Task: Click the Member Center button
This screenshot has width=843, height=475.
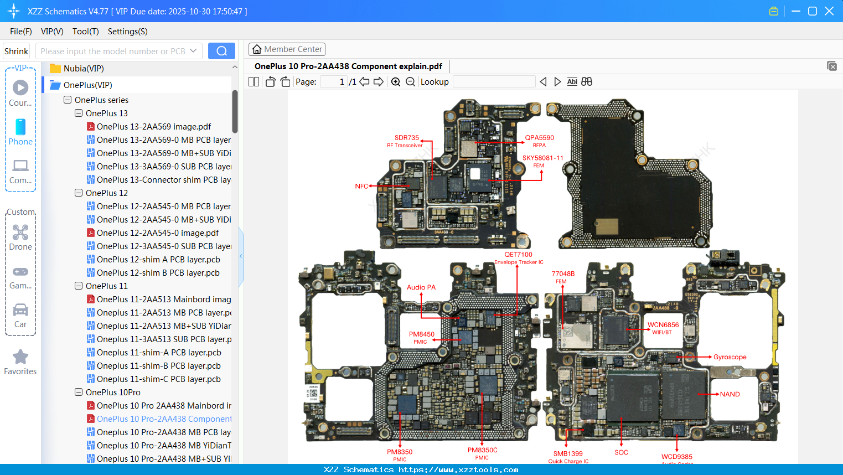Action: coord(287,49)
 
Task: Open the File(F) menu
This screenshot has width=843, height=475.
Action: coord(21,32)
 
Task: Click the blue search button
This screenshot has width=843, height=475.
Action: coord(221,51)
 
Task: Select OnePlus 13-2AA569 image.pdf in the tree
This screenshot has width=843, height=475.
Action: coord(153,127)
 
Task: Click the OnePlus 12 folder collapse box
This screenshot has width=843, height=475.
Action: coord(79,193)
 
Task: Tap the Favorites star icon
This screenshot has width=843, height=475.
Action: coord(20,357)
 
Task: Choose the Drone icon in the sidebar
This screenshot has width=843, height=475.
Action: coord(20,233)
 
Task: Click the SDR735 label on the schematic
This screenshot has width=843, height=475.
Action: coord(406,138)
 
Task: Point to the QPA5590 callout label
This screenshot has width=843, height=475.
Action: coord(539,138)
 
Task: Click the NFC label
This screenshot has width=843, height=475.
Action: coord(361,187)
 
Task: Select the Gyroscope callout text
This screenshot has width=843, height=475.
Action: coord(730,357)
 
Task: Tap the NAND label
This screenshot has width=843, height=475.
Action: coord(730,394)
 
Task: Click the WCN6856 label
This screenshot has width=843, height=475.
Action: coord(663,325)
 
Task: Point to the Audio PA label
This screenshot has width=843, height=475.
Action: coord(421,287)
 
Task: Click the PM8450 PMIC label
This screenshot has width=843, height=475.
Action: coord(421,334)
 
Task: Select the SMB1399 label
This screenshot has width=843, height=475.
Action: coord(568,453)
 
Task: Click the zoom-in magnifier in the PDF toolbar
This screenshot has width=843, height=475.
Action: coord(396,82)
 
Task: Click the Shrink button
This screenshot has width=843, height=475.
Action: coord(17,51)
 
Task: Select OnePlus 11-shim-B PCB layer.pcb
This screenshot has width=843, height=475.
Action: coord(158,366)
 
